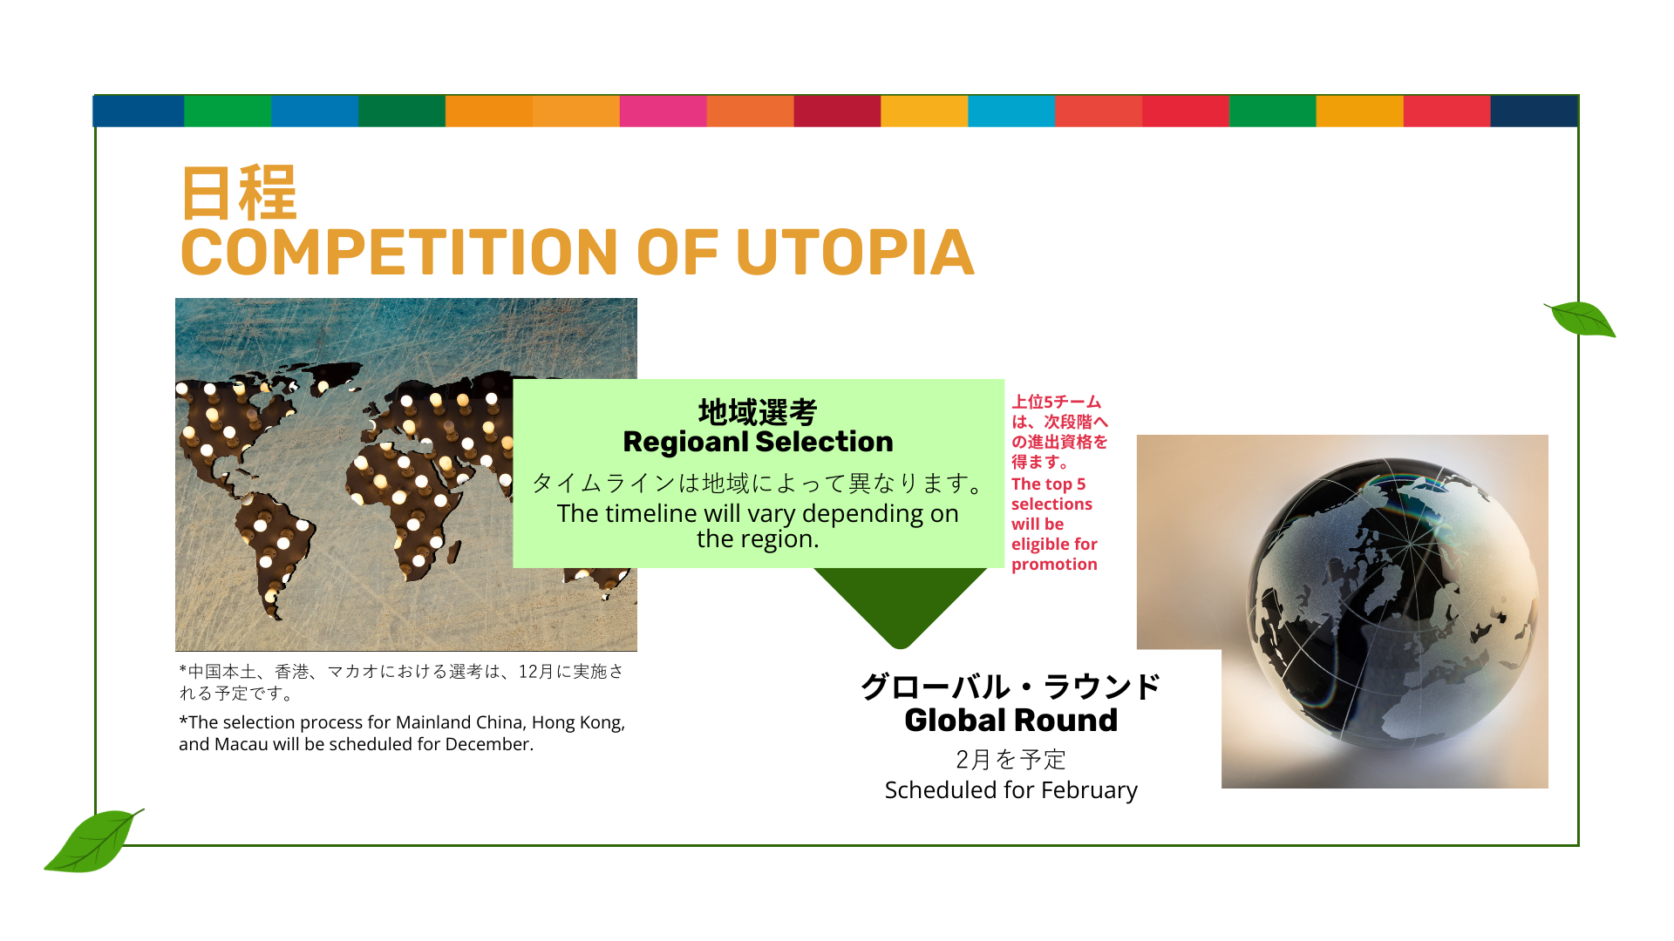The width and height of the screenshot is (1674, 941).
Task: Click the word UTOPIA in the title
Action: (854, 253)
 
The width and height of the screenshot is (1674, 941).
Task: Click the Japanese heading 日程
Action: (239, 193)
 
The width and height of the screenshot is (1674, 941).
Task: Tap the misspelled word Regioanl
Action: (684, 442)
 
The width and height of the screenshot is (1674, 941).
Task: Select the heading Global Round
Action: (1011, 721)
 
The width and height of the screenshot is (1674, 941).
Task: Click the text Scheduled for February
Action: (1011, 790)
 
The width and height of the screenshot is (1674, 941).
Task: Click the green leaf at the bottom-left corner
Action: (94, 840)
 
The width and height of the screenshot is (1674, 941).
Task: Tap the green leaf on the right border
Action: (1581, 319)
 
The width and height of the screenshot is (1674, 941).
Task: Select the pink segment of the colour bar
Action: (663, 112)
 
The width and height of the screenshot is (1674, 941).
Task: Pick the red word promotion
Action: (1054, 565)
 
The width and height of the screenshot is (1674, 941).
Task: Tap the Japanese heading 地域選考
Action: (758, 411)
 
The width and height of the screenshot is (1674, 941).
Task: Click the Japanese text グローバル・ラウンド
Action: (1011, 687)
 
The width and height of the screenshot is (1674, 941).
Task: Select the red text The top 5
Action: (1049, 484)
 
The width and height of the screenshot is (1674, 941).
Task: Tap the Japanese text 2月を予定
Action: (1011, 760)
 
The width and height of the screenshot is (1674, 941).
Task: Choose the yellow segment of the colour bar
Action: (924, 112)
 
